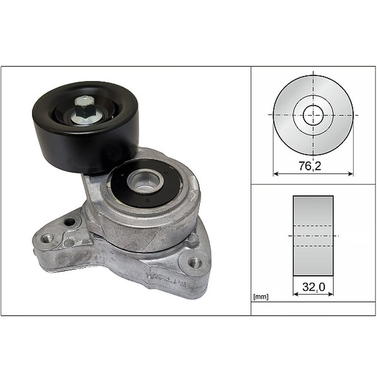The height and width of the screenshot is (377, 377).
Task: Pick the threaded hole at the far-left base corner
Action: [x=46, y=237]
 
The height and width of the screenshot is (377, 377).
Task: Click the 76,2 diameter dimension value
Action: [x=309, y=166]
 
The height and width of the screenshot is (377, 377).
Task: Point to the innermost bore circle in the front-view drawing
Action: [x=313, y=115]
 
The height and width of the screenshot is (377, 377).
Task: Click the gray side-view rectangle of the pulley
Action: [x=313, y=214]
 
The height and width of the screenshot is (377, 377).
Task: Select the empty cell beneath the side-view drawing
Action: [x=313, y=309]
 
